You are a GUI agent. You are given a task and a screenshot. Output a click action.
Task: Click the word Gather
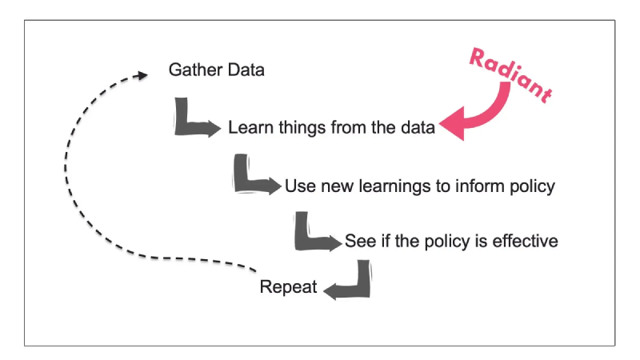(195, 70)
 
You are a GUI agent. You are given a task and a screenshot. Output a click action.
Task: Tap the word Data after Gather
(246, 70)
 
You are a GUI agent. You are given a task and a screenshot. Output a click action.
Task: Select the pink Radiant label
(511, 75)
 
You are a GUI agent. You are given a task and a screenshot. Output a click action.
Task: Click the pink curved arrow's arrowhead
(453, 124)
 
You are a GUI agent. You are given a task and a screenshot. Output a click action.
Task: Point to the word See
(361, 241)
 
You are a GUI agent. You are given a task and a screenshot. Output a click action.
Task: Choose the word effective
(525, 241)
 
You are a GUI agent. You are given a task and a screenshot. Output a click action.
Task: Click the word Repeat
(288, 287)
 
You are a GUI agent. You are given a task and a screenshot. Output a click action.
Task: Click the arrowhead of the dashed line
(143, 75)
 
